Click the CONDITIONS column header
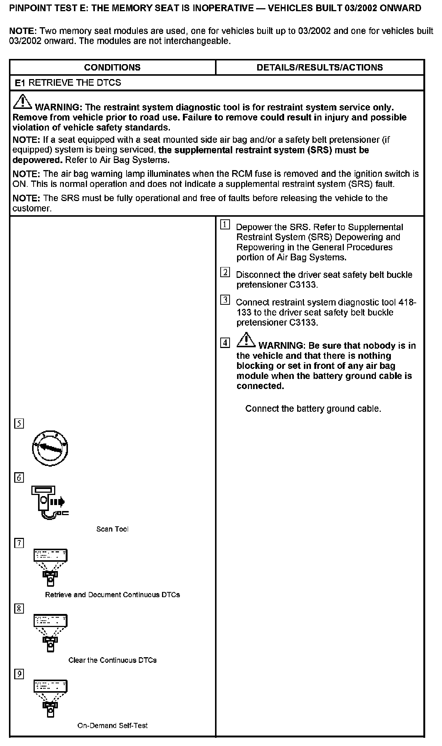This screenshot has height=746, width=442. pos(112,68)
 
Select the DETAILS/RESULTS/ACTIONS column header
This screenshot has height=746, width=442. pos(320,68)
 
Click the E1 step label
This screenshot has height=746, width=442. pos(20,83)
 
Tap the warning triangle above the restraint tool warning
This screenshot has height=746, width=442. pos(22,101)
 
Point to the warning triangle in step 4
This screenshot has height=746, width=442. pos(246,339)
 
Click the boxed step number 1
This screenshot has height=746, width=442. pos(225,225)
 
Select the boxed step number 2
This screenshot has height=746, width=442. pos(225,272)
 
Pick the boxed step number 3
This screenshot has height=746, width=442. pos(225,300)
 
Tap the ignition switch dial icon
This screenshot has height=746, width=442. pos(50,448)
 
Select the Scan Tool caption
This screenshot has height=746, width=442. pos(112,529)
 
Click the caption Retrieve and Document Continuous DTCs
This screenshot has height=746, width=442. pos(112,595)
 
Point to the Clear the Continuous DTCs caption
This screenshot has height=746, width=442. pos(112,660)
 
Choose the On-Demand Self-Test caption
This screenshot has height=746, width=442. pos(112,725)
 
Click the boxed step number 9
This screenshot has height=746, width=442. pos(19,674)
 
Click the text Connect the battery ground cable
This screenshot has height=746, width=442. pos(313,409)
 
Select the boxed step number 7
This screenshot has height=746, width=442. pos(19,543)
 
